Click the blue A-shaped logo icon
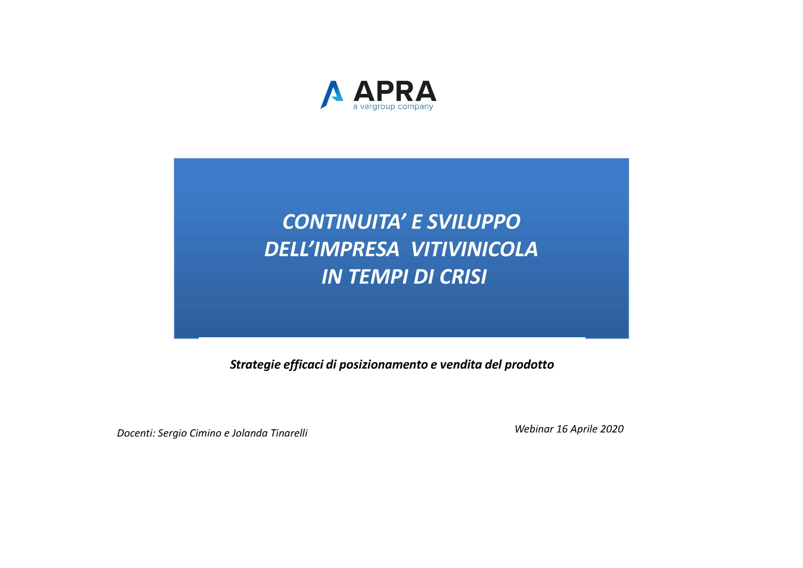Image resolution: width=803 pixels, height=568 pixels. pos(331,95)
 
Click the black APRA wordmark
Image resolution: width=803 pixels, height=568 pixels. pos(395,91)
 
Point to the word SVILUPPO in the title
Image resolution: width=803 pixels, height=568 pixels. pos(474,222)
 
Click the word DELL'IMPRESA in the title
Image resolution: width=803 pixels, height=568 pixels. pos(332,249)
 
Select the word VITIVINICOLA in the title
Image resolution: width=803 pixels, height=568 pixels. pos(474,249)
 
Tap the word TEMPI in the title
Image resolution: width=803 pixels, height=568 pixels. pos(378,277)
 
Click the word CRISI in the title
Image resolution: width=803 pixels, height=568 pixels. pos(463,277)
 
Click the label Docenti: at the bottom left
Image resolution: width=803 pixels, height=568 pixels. pos(136,433)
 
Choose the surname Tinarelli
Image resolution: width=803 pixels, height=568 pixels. pos(289,433)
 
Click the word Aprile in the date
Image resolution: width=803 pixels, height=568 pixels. pos(583,429)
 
